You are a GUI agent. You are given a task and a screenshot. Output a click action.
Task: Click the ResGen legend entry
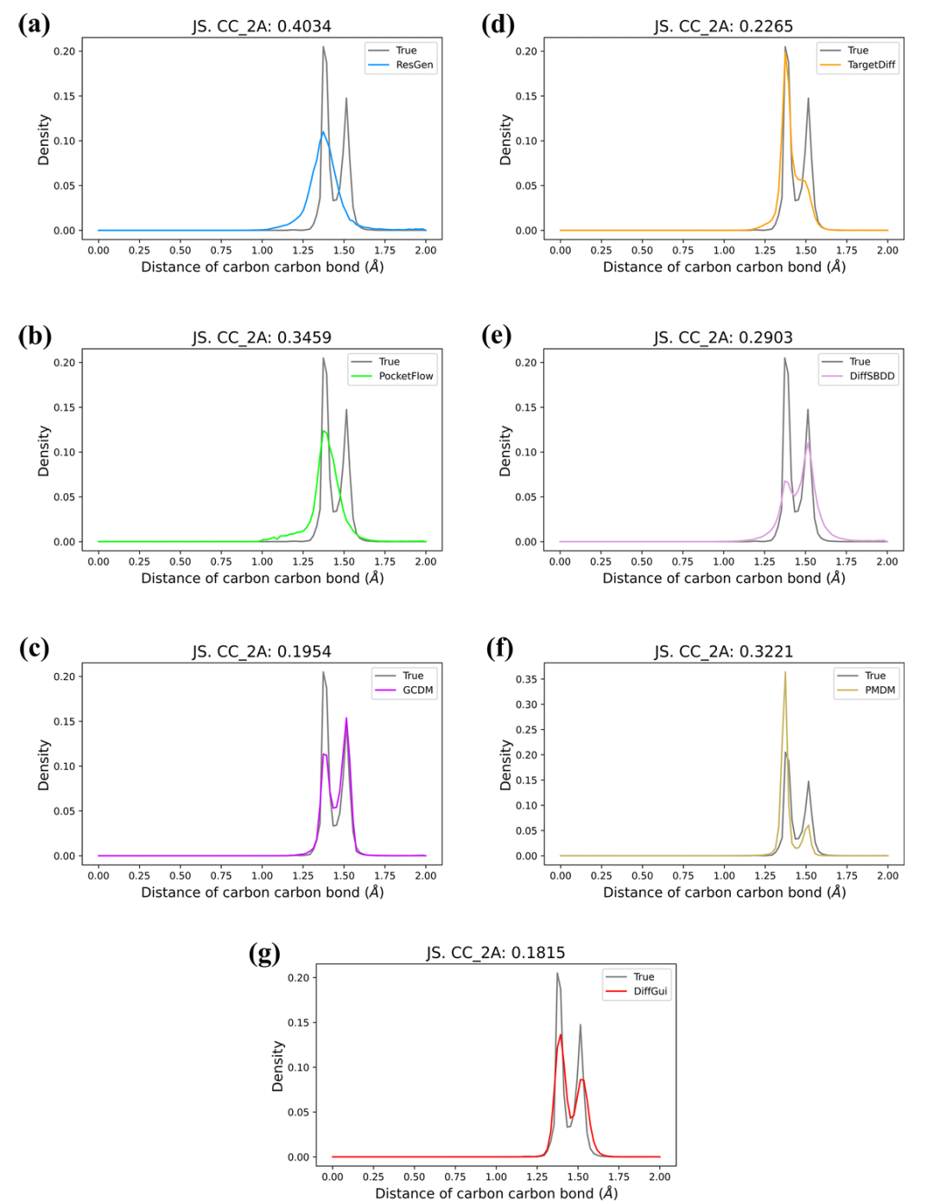(x=414, y=65)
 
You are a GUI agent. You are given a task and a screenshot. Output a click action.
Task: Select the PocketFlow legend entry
(x=405, y=376)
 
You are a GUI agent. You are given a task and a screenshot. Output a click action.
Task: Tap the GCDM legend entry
(x=417, y=689)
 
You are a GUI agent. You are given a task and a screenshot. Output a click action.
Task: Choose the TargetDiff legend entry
(x=871, y=65)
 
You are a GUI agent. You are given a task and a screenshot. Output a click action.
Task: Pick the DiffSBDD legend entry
(x=872, y=376)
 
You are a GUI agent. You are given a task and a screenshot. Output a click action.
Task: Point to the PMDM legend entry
(x=879, y=689)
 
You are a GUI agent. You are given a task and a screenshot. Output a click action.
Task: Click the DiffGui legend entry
(x=650, y=991)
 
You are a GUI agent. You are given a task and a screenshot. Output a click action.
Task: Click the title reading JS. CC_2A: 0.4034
(x=262, y=27)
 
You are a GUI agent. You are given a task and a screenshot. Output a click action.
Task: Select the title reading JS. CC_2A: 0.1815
(x=496, y=953)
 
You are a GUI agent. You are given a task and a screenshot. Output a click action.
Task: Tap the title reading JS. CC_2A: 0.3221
(x=724, y=651)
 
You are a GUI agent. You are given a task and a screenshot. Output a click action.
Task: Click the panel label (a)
(x=34, y=24)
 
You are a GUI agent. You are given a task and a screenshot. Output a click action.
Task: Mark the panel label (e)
(x=496, y=335)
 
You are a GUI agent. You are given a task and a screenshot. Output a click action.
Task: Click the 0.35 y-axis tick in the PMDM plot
(x=526, y=679)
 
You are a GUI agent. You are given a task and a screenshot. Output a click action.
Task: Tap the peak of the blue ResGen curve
(x=323, y=132)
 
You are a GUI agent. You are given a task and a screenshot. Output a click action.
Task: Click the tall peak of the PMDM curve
(x=785, y=673)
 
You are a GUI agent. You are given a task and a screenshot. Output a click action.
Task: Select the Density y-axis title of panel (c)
(x=44, y=765)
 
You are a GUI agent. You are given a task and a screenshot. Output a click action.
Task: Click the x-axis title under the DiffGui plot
(x=496, y=1193)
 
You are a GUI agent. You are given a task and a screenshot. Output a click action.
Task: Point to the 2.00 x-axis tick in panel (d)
(x=887, y=251)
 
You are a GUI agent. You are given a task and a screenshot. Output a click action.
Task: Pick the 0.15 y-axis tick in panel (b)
(x=64, y=407)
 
